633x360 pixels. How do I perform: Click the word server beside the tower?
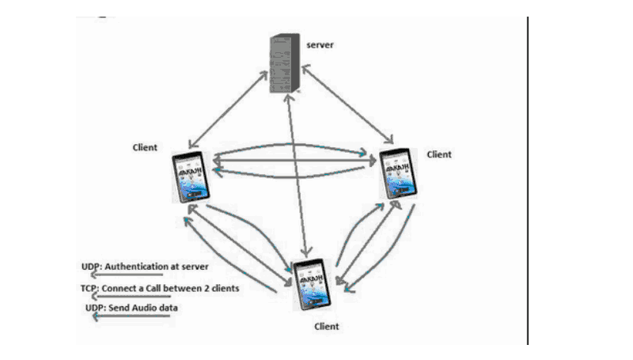[320, 45]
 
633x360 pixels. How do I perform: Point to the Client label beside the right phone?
[439, 154]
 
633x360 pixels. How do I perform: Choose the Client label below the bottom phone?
[326, 326]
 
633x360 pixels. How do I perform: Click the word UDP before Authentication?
[90, 266]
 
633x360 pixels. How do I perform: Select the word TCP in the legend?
[89, 288]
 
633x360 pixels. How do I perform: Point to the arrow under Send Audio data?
[131, 317]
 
